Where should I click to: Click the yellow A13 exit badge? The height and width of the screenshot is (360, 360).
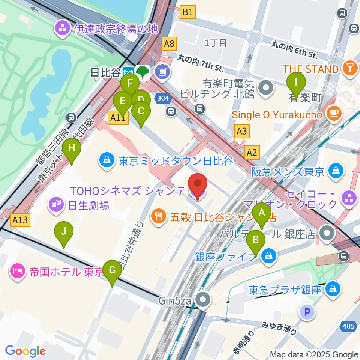(20, 220)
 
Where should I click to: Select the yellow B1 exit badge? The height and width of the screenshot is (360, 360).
(187, 12)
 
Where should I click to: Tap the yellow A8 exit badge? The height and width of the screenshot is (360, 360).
(169, 44)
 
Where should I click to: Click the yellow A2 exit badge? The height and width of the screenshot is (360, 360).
(252, 152)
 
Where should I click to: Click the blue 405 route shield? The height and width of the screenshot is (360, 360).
(348, 326)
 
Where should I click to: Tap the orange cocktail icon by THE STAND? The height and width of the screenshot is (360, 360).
(349, 69)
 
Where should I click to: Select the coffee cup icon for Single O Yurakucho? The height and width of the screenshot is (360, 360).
(333, 111)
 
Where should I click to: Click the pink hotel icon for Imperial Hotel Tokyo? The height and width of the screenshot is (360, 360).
(18, 270)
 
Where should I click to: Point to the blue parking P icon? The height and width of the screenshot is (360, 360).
(307, 312)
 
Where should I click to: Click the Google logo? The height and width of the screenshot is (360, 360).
(25, 351)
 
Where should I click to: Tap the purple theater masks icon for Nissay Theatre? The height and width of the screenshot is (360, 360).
(55, 205)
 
